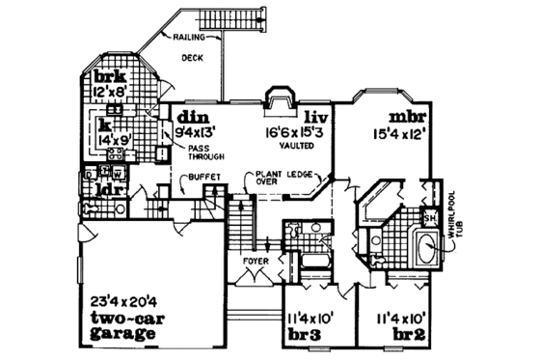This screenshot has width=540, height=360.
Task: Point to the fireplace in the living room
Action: tap(279, 103)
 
